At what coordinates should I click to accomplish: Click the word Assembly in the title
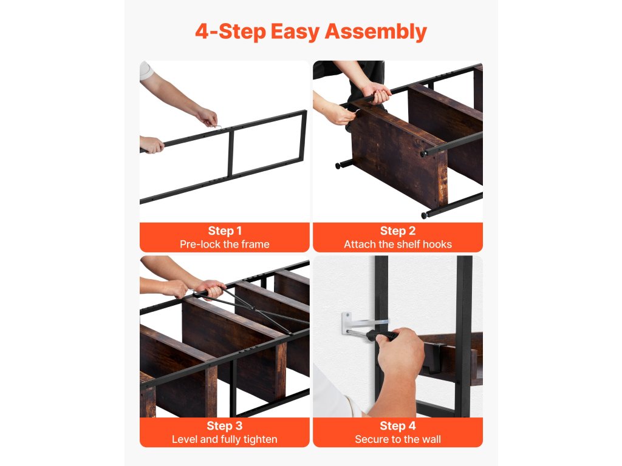(x=375, y=32)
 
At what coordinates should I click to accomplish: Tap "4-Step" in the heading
(x=230, y=32)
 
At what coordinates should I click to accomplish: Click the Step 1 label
(x=225, y=231)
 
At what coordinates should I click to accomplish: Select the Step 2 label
(x=397, y=231)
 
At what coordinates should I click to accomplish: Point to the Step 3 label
(x=225, y=425)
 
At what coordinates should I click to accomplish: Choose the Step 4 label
(x=397, y=425)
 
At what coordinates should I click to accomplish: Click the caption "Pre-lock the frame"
(x=225, y=244)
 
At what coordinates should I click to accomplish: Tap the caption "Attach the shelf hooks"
(x=397, y=244)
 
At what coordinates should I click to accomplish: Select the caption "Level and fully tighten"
(x=225, y=439)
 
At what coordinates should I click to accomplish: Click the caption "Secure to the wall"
(x=397, y=439)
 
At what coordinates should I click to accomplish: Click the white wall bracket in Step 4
(x=357, y=322)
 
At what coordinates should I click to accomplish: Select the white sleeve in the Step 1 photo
(x=145, y=70)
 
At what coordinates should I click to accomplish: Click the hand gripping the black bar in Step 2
(x=377, y=93)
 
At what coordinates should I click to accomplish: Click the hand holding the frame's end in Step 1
(x=151, y=144)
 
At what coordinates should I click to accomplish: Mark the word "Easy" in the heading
(x=295, y=32)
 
